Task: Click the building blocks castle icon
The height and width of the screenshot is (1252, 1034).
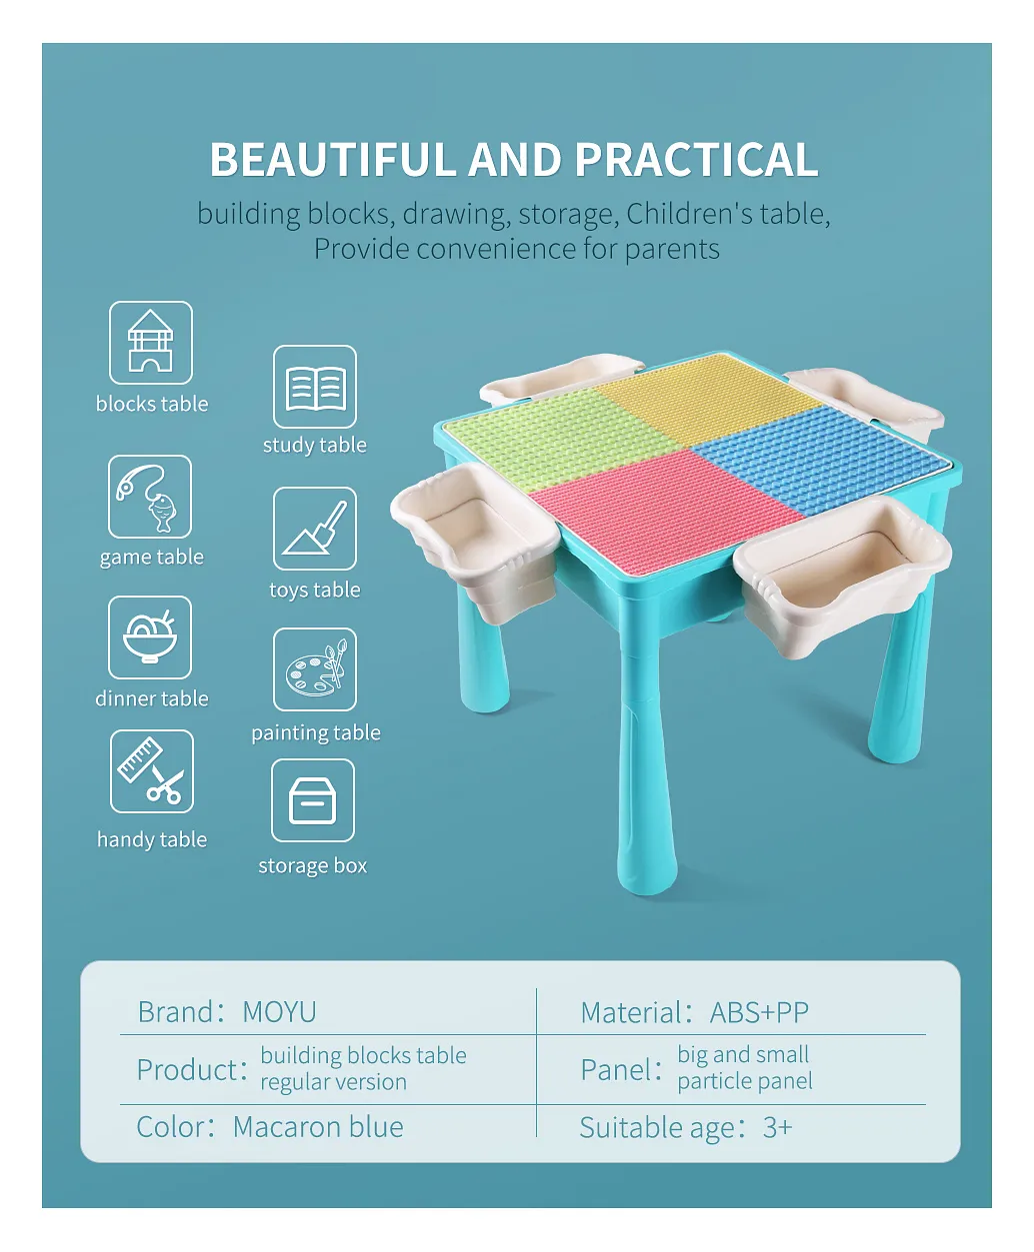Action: point(151,343)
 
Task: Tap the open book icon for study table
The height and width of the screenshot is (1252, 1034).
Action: point(315,387)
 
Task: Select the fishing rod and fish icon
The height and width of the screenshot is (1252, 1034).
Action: point(150,497)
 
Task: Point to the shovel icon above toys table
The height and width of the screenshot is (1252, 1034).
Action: point(315,529)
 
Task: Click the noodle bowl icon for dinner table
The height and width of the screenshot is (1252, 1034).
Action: point(150,637)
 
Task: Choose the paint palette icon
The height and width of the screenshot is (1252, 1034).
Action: point(315,669)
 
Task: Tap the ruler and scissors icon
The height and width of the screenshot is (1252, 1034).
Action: point(152,771)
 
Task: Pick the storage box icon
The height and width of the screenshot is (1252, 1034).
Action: point(313,800)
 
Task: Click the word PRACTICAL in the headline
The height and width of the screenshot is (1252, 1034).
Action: point(696,160)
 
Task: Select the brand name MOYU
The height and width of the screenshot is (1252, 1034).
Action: point(279,1012)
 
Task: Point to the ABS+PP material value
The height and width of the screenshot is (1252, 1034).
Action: point(759,1013)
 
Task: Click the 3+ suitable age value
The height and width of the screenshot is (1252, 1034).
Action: point(777,1128)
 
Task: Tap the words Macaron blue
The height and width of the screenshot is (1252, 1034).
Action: point(318,1127)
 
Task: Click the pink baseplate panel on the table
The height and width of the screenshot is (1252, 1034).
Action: point(666,511)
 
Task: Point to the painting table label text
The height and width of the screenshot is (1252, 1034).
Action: point(316,732)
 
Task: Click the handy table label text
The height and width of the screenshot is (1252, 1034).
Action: point(152,839)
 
